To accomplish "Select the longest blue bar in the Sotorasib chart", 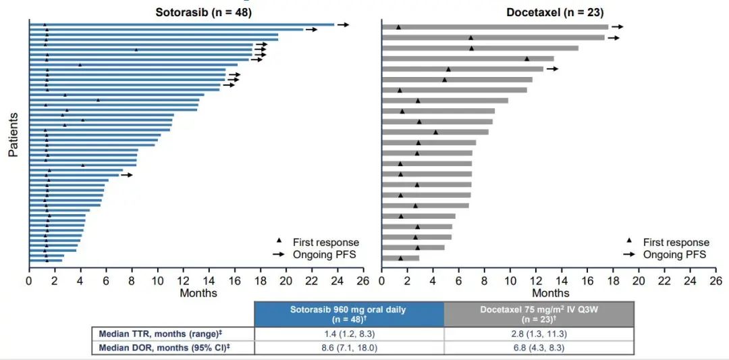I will coord(182,25).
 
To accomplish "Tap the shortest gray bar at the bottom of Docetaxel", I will coord(400,258).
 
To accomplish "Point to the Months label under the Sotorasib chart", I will coord(198,293).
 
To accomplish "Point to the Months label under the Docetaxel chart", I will coord(551,293).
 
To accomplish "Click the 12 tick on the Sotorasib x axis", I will coord(183,280).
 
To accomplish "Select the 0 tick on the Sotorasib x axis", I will coord(29,280).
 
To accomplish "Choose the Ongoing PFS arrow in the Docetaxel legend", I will coord(629,254).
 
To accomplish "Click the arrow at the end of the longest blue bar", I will coord(344,25).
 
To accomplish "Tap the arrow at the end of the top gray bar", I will coord(617,27).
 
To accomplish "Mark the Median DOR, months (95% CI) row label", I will coord(171,347).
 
